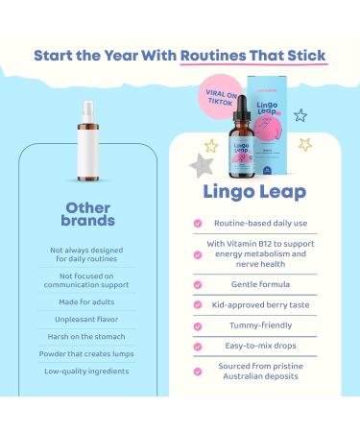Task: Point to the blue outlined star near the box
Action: coord(326,116)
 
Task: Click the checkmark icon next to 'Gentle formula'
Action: coord(197,286)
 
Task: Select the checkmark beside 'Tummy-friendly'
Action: coord(197,328)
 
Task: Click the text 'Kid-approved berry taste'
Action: coord(265,307)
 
